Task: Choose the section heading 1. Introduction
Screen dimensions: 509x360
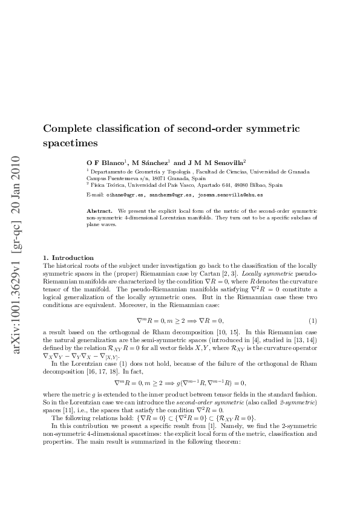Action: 68,258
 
